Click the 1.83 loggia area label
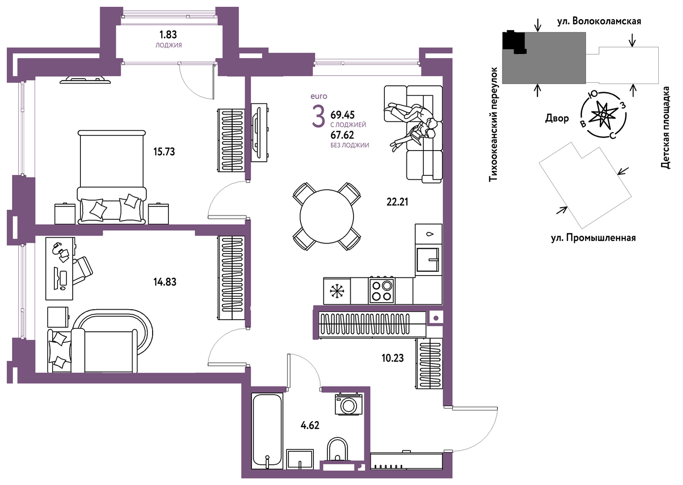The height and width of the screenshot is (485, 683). click(168, 35)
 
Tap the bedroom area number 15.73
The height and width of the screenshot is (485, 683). click(164, 151)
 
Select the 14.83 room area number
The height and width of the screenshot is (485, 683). click(165, 282)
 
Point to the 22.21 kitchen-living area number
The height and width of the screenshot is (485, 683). click(397, 202)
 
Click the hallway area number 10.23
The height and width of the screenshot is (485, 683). click(393, 358)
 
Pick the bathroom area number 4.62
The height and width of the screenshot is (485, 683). click(310, 425)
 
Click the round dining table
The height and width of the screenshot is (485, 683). click(326, 216)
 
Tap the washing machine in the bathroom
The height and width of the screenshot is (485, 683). click(348, 404)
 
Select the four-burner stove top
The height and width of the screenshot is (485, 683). click(382, 290)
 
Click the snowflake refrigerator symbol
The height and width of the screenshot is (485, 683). click(337, 291)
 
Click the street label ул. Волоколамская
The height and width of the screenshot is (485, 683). click(599, 21)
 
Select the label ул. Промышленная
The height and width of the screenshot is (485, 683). click(593, 238)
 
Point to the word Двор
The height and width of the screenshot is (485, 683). click(557, 118)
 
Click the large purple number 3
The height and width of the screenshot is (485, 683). click(318, 116)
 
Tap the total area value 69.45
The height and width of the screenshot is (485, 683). click(343, 115)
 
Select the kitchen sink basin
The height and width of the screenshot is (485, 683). click(427, 260)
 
